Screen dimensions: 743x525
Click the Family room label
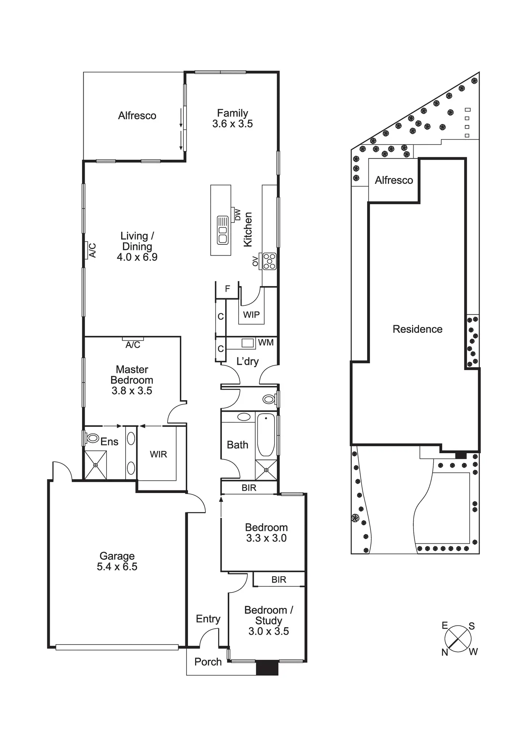point(233,118)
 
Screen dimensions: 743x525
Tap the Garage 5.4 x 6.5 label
point(117,561)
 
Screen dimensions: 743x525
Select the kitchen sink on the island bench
point(223,230)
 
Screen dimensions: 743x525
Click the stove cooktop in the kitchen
point(269,261)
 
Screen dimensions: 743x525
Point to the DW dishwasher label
point(238,215)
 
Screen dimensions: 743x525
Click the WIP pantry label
point(251,315)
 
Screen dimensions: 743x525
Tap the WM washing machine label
point(266,343)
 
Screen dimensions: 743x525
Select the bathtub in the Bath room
point(266,434)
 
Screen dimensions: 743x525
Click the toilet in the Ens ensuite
point(92,438)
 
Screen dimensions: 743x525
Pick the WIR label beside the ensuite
point(158,454)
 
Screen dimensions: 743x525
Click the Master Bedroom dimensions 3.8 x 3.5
point(132,390)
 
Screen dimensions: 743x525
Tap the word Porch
point(208,662)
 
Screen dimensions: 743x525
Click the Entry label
point(208,619)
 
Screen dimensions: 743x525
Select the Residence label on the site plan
point(417,329)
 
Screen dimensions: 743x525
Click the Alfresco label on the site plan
point(394,180)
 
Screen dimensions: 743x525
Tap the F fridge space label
point(227,288)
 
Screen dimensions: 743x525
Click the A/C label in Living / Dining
point(93,250)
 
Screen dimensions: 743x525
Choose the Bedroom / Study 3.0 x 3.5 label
point(269,620)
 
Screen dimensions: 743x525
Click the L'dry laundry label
point(247,361)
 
